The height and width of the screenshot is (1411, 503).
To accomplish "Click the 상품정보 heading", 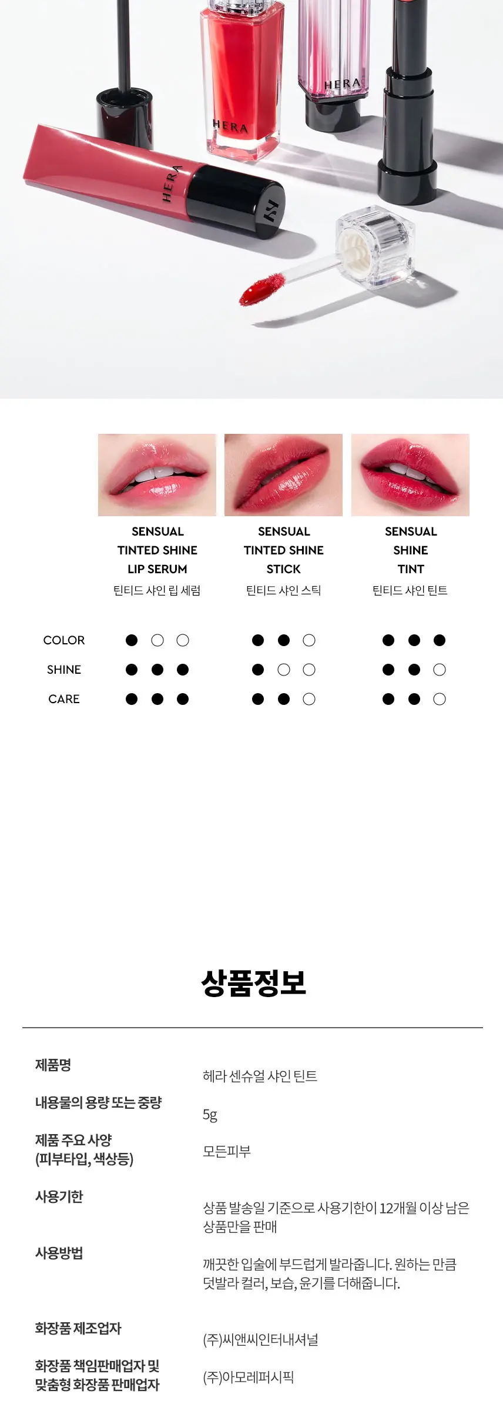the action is click(x=253, y=982).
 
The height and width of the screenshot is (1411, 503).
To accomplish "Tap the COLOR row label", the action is click(x=64, y=640).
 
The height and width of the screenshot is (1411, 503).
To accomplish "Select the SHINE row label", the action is click(x=64, y=670).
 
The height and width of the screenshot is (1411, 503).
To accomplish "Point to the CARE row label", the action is click(x=64, y=699).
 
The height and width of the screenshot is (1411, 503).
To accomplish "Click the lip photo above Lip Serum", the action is click(x=157, y=475).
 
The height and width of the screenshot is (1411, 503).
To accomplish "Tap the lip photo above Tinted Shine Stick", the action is click(x=283, y=475).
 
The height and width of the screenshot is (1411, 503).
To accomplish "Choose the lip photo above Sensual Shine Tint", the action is click(x=410, y=475).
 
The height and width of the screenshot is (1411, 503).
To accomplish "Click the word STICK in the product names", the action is click(x=284, y=569).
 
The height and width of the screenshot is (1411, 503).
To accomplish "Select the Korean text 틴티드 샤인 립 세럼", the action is click(x=157, y=590).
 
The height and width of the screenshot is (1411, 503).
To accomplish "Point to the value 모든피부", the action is click(x=227, y=1152).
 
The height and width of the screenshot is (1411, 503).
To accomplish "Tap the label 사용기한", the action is click(x=59, y=1196).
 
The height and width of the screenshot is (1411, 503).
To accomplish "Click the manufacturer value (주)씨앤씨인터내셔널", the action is click(x=260, y=1340).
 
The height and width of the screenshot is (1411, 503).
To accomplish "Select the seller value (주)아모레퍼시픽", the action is click(x=248, y=1377).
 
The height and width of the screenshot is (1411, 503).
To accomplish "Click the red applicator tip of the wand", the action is click(x=254, y=289).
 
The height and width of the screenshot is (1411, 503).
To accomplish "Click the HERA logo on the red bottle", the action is click(x=230, y=125).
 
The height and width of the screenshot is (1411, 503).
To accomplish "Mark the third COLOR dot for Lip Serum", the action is click(x=183, y=640).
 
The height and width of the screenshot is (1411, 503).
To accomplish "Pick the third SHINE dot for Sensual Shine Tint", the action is click(x=440, y=670).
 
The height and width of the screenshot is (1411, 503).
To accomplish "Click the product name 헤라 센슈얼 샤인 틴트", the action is click(x=260, y=1076).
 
